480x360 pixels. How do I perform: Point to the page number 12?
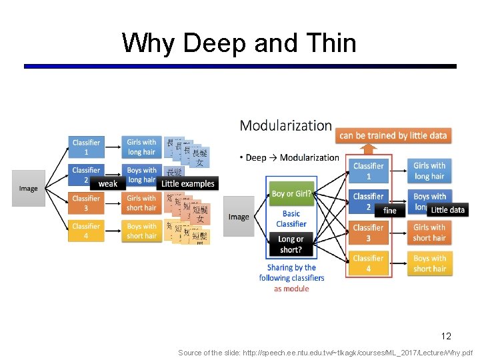(445, 336)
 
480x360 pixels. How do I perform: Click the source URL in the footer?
(325, 353)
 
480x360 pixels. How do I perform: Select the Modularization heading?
(285, 125)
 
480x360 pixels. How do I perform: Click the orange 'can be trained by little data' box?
(393, 135)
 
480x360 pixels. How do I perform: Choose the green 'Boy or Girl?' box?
(291, 194)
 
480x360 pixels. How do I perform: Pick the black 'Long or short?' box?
(291, 244)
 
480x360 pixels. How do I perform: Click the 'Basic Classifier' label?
(291, 219)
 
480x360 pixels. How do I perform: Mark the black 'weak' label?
(108, 184)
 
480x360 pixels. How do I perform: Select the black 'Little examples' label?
(188, 184)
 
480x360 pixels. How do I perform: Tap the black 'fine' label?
(390, 211)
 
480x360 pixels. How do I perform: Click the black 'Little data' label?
(447, 210)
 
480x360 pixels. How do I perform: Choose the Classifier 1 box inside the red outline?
(368, 171)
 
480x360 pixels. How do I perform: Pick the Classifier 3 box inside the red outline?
(368, 233)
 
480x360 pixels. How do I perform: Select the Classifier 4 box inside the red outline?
(368, 263)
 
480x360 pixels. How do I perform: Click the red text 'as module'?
(291, 289)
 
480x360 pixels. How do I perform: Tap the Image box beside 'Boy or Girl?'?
(239, 217)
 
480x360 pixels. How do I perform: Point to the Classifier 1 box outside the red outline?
(86, 147)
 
